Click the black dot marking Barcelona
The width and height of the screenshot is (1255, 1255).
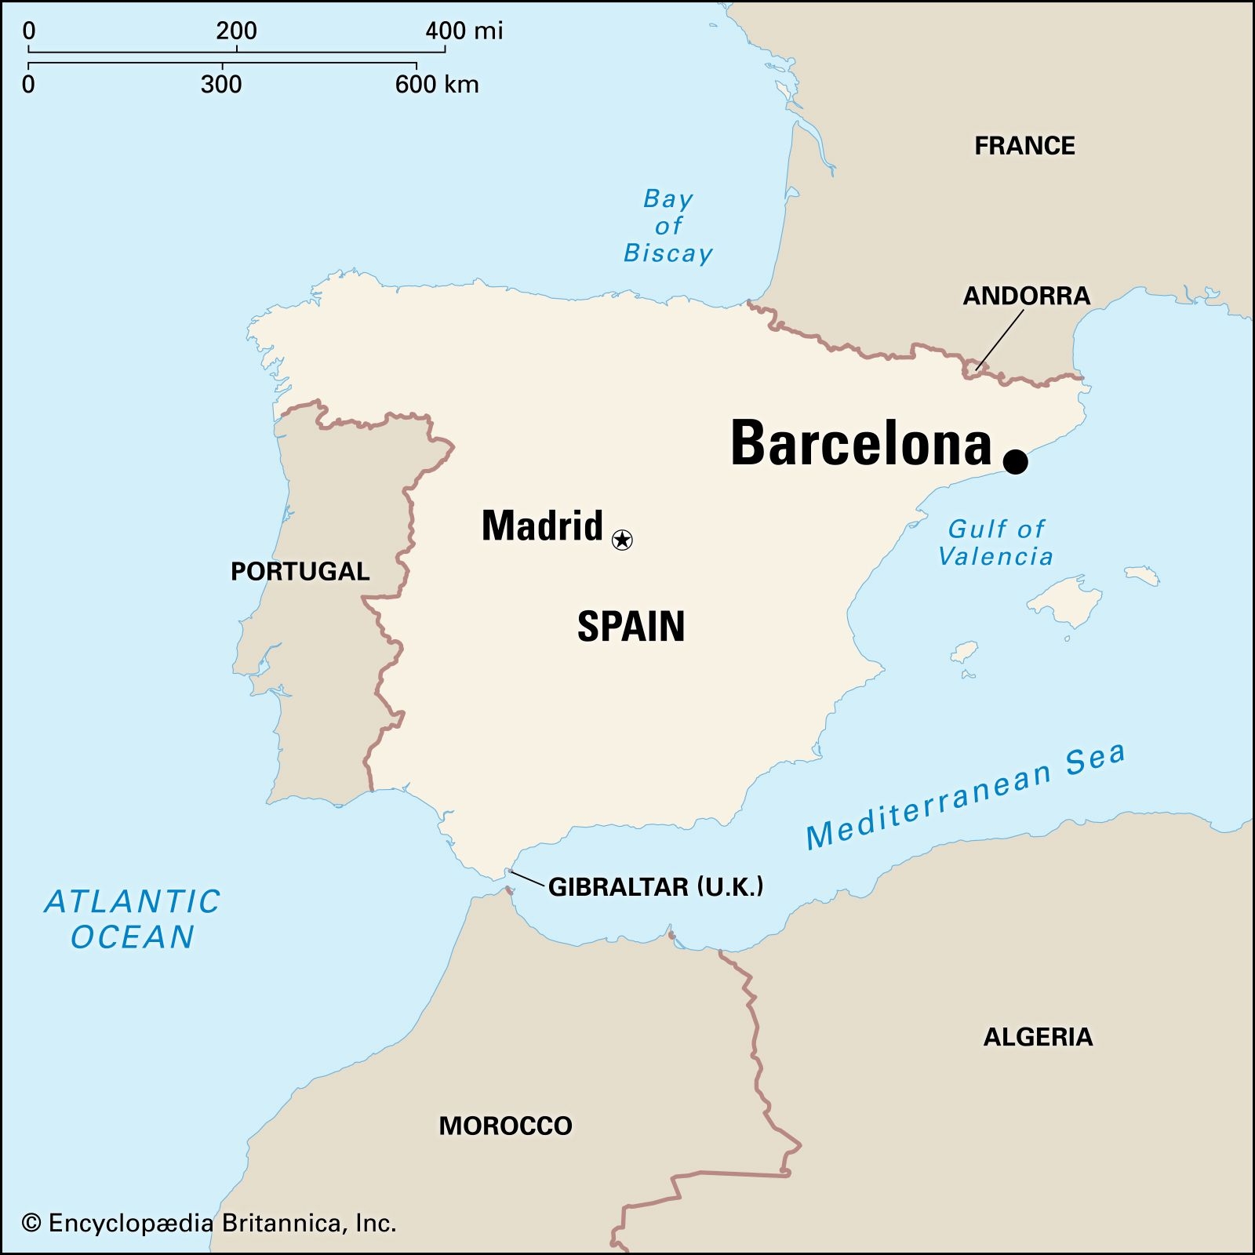tap(1015, 461)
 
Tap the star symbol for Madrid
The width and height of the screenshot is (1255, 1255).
tap(622, 540)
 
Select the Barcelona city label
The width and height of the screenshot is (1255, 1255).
tap(860, 444)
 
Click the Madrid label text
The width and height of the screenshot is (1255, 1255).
tap(542, 526)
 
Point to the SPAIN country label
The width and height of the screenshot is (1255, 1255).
tap(631, 627)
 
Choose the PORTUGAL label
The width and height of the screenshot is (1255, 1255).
tap(300, 571)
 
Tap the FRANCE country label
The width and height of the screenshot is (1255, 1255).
tap(1024, 146)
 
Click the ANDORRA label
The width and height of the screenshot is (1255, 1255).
tap(1026, 296)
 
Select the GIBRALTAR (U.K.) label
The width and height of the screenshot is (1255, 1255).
tap(655, 887)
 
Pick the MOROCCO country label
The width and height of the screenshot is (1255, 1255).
tap(505, 1126)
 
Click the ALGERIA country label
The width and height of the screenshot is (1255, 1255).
tap(1038, 1037)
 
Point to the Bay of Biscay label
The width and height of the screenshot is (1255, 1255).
tap(668, 226)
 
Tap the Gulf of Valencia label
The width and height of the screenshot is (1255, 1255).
tap(995, 543)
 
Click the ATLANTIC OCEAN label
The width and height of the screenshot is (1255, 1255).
tap(133, 919)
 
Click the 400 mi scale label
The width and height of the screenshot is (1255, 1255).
tap(464, 31)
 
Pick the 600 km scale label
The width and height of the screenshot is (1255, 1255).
tap(436, 85)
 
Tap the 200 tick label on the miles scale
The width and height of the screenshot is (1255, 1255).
tap(236, 31)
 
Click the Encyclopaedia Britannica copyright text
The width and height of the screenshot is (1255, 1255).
tap(209, 1223)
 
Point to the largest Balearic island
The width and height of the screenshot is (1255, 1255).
tap(1065, 601)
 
